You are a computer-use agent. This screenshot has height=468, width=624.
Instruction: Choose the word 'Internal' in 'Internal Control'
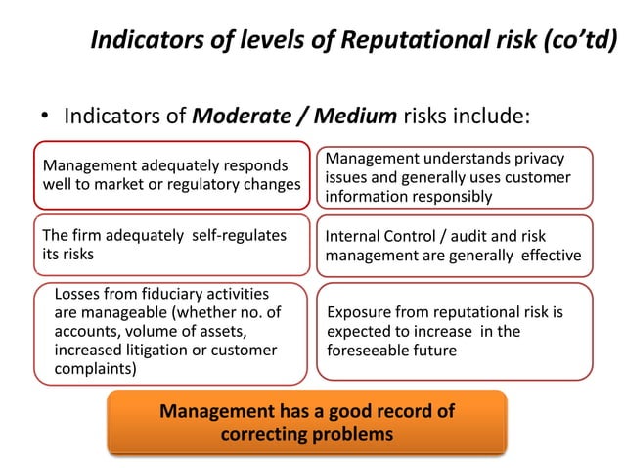pyautogui.click(x=356, y=237)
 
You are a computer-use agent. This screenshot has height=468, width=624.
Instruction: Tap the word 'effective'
pyautogui.click(x=550, y=257)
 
